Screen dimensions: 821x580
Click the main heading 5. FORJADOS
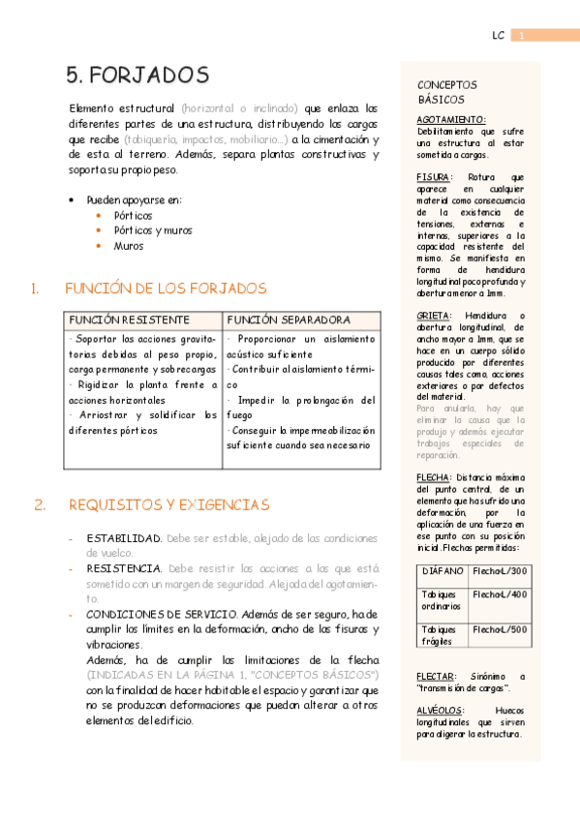[x=137, y=76]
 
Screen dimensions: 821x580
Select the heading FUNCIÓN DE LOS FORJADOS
[x=165, y=289]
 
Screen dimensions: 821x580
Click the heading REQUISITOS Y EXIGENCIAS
[x=168, y=504]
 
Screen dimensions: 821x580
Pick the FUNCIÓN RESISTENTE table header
[x=129, y=319]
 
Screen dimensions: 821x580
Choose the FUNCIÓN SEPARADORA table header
[x=288, y=319]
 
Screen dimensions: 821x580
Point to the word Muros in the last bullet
[x=129, y=246]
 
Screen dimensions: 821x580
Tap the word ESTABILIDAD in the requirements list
[x=124, y=537]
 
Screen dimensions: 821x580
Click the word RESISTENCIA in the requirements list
[x=124, y=568]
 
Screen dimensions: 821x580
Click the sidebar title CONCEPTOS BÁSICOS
[x=446, y=92]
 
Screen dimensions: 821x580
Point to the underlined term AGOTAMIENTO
[x=451, y=119]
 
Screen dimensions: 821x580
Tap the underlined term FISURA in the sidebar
[x=434, y=178]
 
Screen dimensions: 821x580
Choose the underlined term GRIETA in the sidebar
[x=434, y=316]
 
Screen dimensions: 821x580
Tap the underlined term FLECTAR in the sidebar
[x=437, y=677]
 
